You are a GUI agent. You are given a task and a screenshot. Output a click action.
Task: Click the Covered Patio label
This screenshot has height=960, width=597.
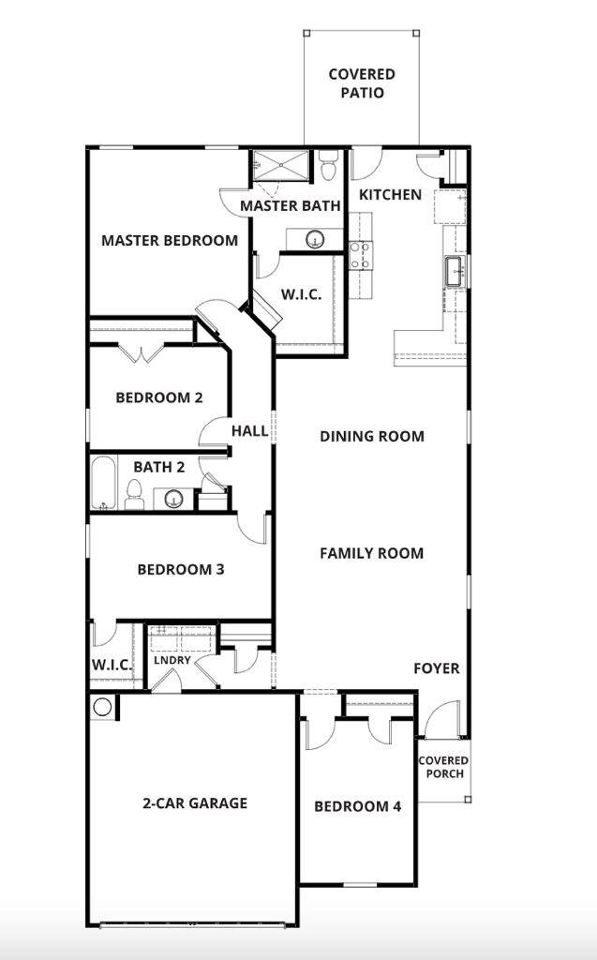coord(362,83)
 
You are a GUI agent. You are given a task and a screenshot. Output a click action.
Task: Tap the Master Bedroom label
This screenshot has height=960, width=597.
coord(170,241)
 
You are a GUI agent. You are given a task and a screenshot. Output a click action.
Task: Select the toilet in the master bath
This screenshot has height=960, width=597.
coord(327,167)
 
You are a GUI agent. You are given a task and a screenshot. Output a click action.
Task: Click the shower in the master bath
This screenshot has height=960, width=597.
coord(279,167)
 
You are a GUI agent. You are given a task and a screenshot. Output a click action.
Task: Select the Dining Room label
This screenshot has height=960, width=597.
coord(372,437)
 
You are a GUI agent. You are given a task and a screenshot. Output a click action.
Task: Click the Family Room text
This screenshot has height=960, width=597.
coord(372,554)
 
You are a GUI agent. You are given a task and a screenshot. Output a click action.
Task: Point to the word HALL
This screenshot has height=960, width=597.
coord(249,432)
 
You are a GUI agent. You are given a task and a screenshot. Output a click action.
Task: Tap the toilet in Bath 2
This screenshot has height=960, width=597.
coord(134,494)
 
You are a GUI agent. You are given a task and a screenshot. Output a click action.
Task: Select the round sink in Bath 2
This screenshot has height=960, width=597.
coord(173,499)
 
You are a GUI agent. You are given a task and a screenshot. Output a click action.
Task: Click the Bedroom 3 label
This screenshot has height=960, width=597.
coord(181,570)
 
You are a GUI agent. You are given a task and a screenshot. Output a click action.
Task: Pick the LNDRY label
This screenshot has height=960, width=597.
coord(172,660)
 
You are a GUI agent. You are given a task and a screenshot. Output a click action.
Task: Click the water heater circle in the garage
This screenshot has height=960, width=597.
coord(102,707)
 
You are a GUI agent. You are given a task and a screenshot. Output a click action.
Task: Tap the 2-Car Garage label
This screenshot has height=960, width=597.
coord(195,803)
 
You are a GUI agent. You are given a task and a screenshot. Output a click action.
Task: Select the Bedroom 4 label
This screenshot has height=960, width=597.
coord(357,807)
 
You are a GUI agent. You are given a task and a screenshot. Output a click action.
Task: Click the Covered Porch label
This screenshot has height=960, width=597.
coord(444,767)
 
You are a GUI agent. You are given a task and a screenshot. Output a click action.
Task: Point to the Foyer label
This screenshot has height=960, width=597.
coord(437,668)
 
